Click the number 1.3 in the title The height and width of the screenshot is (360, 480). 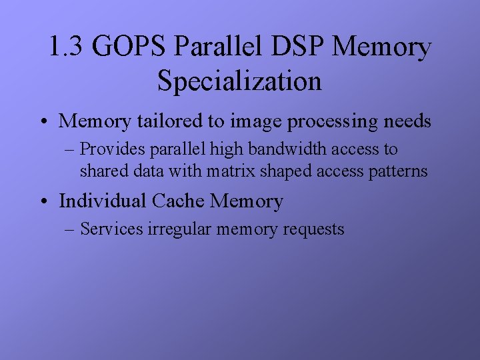[x=65, y=48]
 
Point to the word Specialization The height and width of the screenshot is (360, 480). [x=239, y=81]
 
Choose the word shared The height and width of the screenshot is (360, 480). [x=103, y=171]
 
